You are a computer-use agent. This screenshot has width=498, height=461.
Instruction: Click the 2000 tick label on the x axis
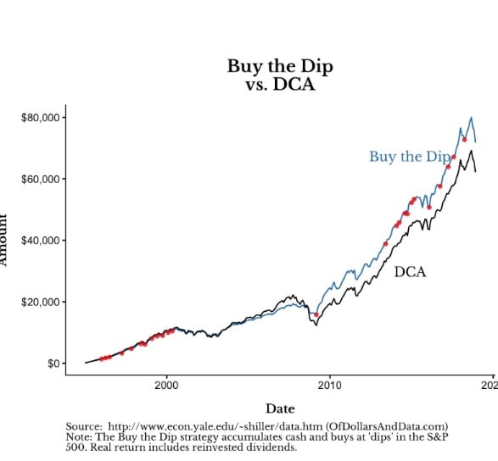coord(166,386)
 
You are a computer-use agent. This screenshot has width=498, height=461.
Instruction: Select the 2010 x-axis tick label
coord(329,386)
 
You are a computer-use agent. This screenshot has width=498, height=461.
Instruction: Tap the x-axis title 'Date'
coord(281,408)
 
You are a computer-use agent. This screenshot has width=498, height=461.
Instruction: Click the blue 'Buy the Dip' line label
coord(409,157)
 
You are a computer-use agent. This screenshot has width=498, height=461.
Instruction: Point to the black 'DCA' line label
coord(410,272)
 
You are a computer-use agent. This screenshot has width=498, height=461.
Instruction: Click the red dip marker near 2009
coord(316,314)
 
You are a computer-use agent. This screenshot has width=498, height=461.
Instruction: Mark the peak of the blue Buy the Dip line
coord(471,118)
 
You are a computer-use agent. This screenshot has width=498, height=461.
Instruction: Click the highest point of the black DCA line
coord(471,151)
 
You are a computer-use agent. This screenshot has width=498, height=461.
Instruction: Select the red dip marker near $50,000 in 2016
coord(429,207)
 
